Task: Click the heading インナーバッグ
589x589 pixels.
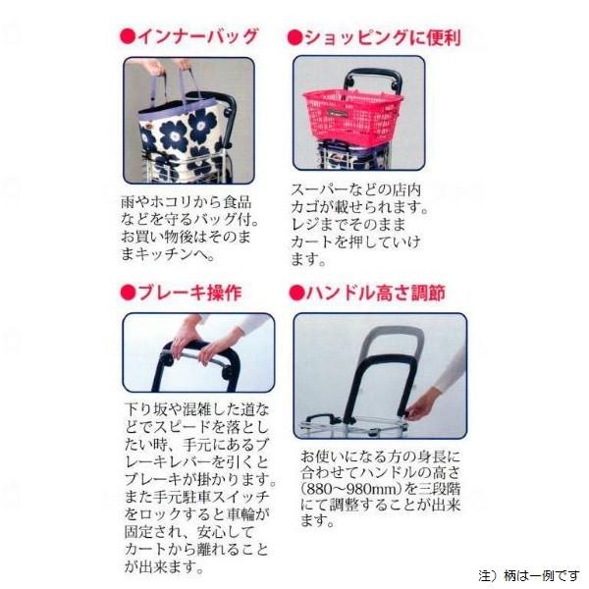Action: [x=196, y=36]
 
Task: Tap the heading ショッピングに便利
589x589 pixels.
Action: [x=381, y=38]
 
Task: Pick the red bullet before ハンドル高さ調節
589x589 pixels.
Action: [x=294, y=293]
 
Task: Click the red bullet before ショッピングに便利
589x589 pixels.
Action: [x=294, y=38]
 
